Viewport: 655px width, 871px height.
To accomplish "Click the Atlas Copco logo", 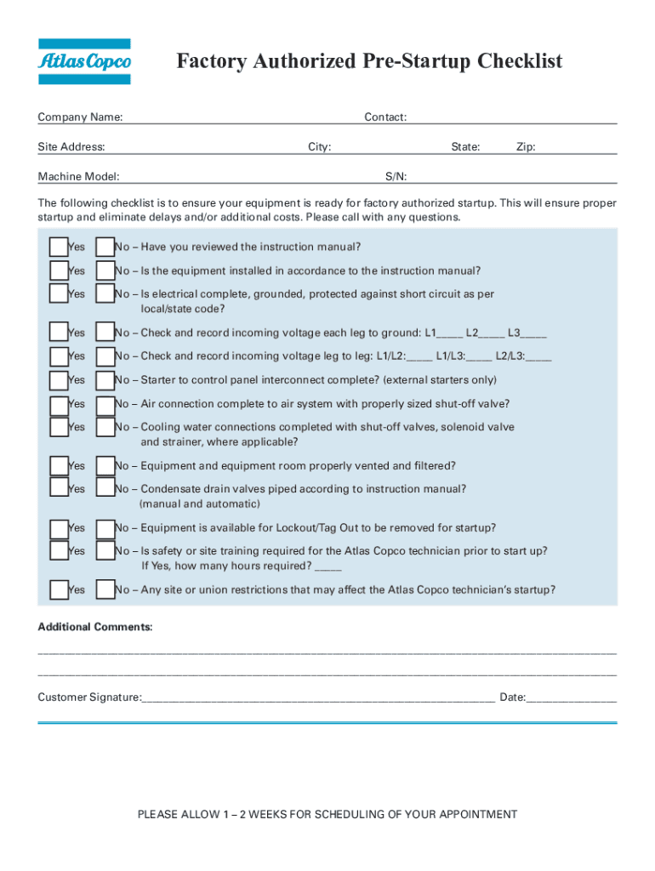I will point(84,61).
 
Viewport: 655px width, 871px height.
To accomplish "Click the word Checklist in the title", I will point(519,62).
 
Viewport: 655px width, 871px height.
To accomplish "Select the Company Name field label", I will point(80,117).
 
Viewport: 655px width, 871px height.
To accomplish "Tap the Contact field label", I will point(385,117).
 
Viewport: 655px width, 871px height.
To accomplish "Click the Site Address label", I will point(71,147).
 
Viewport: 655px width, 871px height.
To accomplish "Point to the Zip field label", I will point(526,147).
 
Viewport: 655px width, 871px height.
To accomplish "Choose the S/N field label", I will point(396,177).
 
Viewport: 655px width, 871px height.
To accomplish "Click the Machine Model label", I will point(78,177).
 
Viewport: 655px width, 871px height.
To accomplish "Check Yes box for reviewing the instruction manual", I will point(59,247).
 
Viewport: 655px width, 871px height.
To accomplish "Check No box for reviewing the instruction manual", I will point(105,247).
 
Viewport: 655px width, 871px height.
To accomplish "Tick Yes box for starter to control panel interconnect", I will point(59,380).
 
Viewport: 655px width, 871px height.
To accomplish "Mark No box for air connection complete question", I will point(105,404).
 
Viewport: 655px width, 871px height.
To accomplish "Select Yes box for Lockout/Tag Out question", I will point(59,528).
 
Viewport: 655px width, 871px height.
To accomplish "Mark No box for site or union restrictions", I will point(105,589).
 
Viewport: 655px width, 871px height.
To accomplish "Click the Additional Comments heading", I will point(95,628).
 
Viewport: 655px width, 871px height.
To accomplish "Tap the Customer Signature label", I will point(89,697).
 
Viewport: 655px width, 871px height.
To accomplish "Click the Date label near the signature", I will point(512,697).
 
